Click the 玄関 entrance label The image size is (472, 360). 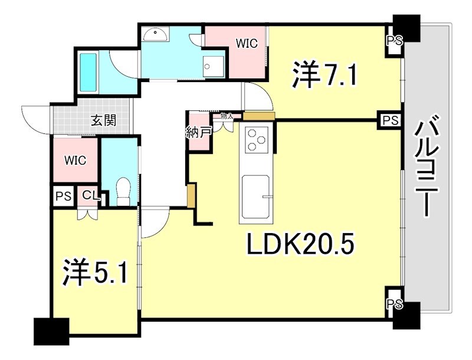click(x=103, y=121)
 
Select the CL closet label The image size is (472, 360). click(x=89, y=195)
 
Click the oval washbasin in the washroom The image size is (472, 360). click(x=156, y=33)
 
